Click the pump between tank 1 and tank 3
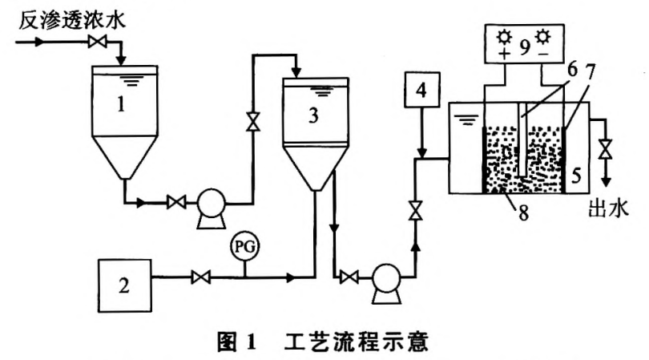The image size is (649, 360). [x=213, y=200]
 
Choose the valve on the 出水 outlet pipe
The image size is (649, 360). [x=606, y=149]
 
